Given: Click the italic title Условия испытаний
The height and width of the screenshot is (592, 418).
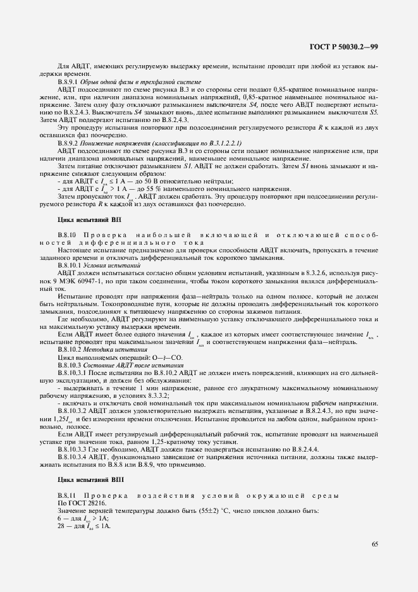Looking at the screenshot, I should click(117, 266).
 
